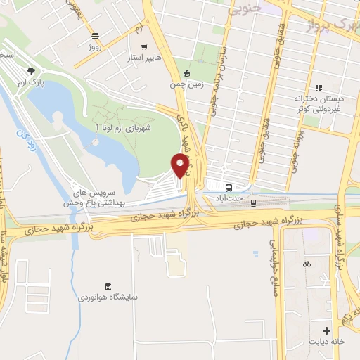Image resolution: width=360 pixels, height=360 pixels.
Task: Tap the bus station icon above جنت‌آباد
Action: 229,187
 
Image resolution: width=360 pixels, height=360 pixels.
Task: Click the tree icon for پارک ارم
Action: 31,71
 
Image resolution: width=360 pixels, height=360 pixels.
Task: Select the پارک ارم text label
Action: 31,84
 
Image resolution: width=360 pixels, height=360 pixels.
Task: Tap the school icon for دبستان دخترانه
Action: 319,89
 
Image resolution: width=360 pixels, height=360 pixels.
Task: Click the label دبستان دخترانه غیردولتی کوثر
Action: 318,105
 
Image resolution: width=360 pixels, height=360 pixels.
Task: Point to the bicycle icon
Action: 307,265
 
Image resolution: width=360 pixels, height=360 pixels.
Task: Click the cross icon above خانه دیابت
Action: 326,330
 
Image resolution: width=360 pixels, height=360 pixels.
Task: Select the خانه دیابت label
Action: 327,342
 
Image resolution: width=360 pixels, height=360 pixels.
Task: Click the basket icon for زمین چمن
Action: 186,73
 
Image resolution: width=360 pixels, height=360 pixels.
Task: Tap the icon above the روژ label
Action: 95,37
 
